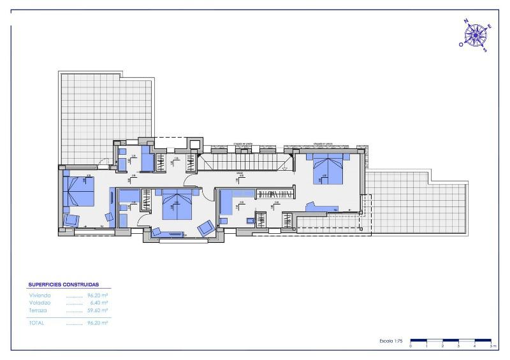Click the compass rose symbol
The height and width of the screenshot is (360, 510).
pos(475,35)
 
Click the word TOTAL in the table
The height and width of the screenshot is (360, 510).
pos(38,323)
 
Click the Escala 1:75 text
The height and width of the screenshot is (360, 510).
pos(390,342)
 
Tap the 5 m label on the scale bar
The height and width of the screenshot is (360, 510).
pos(492,346)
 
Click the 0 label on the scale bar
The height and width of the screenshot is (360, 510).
pos(411,346)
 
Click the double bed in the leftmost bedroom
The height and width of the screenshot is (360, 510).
pos(80,191)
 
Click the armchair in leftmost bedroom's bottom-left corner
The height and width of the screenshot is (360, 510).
pos(71,221)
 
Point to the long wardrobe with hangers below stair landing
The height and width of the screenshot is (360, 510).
pos(277,194)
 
